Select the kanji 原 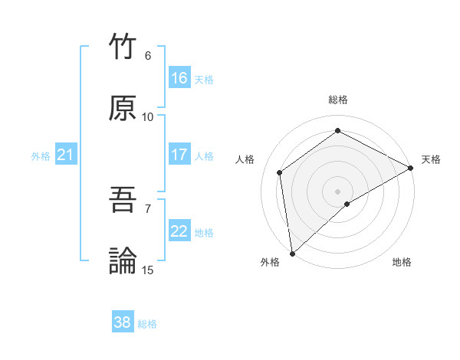pos(123,108)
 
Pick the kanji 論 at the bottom pos(123,261)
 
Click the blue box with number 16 pos(179,78)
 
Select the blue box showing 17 pos(179,155)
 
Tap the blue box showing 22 pos(179,231)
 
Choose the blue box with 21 pos(66,155)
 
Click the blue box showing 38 pos(123,323)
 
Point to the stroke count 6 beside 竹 pos(148,55)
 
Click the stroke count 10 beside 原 pos(148,116)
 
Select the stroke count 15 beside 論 pos(148,270)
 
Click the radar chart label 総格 pos(338,100)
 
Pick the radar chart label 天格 pos(431,159)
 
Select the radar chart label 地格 pos(402,262)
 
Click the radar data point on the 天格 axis pos(411,168)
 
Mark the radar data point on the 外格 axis pos(292,254)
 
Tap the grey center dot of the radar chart pos(338,191)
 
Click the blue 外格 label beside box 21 pos(41,156)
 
